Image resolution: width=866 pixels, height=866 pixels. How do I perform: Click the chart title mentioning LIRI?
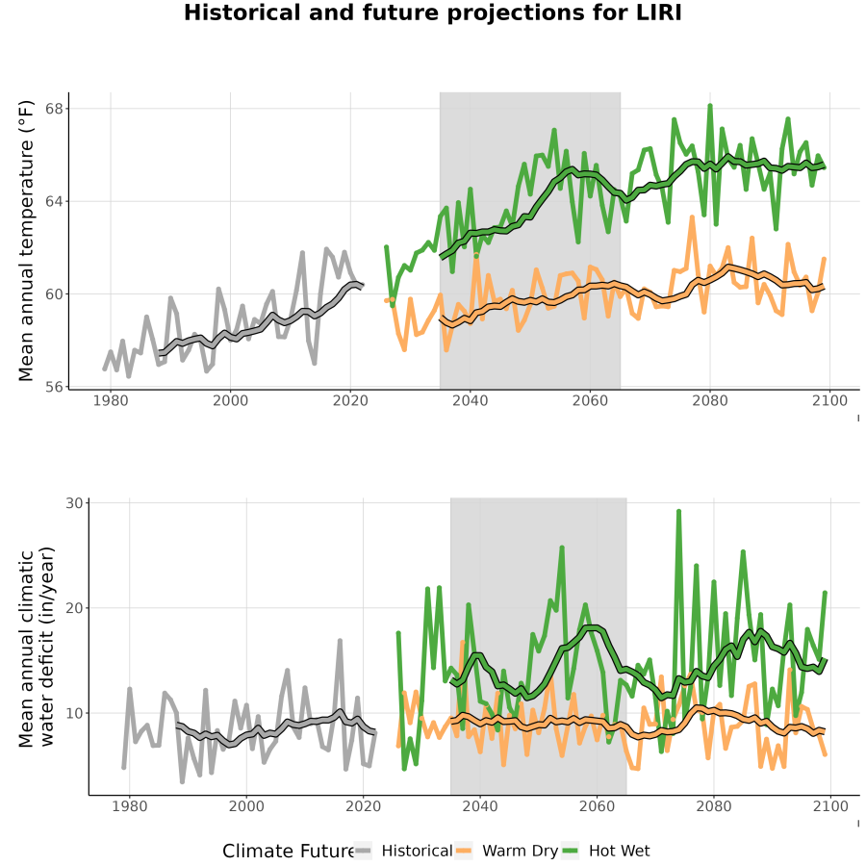pos(432,13)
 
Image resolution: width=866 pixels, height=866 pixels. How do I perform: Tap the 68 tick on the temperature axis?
pos(54,108)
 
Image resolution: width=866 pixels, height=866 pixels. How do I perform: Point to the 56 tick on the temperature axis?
pos(54,387)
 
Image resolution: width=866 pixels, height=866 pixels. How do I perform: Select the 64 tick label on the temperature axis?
pos(54,201)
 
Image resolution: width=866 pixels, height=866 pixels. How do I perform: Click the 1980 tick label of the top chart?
pos(111,400)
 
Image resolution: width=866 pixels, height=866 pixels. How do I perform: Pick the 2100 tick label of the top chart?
pos(830,400)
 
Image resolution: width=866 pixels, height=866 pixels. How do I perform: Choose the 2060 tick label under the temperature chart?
pos(590,400)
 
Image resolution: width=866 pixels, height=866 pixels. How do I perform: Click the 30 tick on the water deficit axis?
pos(74,503)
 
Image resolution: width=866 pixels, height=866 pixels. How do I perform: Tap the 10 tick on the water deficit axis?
pos(74,713)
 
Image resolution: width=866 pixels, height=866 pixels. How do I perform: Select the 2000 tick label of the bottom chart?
pos(246,806)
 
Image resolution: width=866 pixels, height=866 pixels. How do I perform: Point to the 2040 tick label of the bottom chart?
pos(480,806)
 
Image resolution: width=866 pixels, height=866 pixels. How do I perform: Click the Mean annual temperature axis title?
pos(26,241)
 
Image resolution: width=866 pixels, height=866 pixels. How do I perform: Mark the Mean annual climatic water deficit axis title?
pos(37,647)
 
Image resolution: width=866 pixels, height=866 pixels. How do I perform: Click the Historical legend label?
pos(417,851)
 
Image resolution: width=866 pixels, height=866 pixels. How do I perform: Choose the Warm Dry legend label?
pos(520,852)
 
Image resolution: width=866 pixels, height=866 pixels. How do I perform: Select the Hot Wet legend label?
pos(619,851)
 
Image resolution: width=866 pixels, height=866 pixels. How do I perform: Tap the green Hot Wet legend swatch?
pos(570,851)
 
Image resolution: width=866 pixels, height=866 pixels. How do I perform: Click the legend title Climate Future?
pos(289,851)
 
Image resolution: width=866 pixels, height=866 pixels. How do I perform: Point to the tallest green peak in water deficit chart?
pos(678,511)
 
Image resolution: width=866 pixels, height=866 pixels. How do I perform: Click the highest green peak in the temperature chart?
pos(710,105)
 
